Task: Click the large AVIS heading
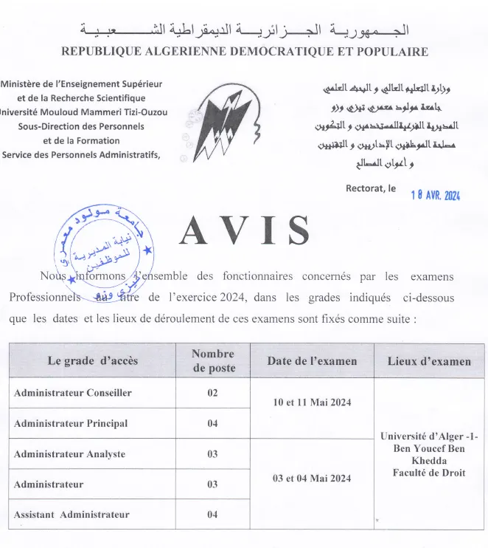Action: point(244,232)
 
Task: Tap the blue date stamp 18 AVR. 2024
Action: point(435,195)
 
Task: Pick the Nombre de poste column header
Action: point(212,361)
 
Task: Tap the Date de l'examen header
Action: point(312,361)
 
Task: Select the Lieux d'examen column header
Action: point(429,361)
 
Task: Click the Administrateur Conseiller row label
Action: point(73,393)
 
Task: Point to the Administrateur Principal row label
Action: point(71,423)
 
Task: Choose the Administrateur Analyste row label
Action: point(69,453)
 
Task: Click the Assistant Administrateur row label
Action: point(72,514)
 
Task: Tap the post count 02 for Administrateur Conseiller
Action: point(212,393)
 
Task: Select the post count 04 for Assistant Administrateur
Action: point(212,514)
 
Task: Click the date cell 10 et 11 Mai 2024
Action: point(312,402)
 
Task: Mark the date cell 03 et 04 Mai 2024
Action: point(312,478)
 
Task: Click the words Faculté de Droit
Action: point(429,473)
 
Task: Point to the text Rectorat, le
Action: point(371,188)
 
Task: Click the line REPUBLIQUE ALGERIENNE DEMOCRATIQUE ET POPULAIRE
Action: point(244,52)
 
